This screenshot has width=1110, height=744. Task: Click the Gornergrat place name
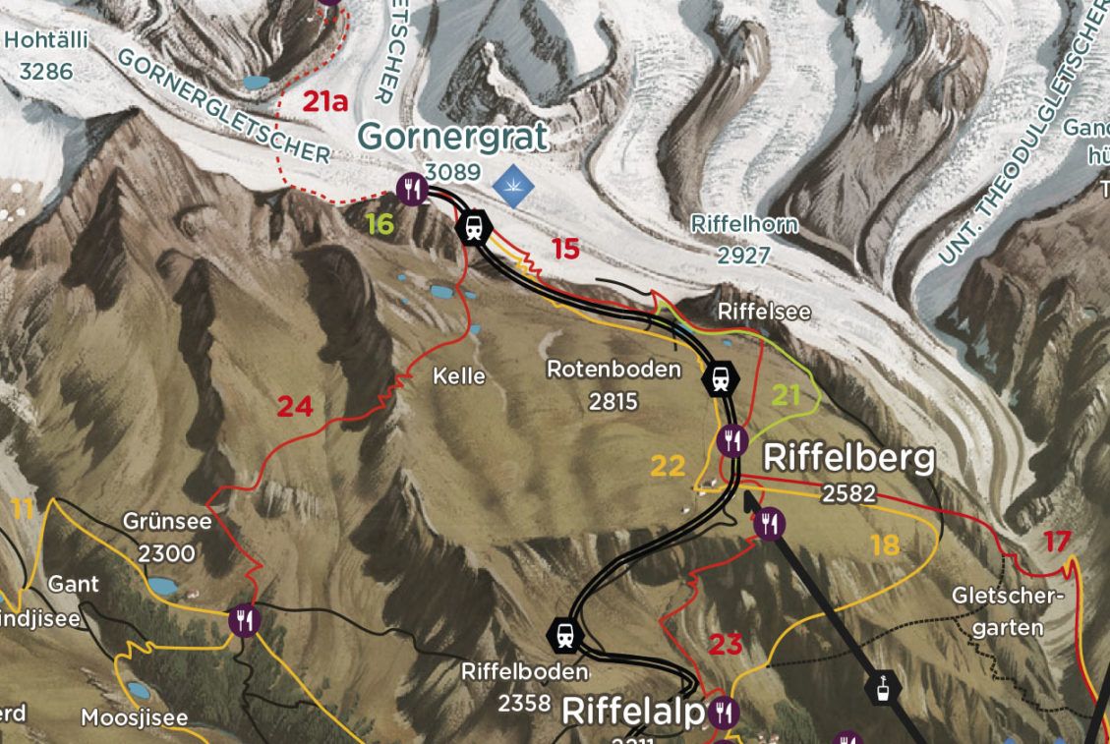tap(452, 138)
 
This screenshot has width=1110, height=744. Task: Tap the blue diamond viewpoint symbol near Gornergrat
tap(512, 185)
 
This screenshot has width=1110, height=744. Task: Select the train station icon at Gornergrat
tap(474, 226)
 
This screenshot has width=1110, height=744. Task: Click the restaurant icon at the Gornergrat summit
tap(413, 187)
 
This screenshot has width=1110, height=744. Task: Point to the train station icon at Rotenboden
tap(721, 377)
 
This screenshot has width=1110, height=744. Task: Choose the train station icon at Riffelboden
tap(565, 634)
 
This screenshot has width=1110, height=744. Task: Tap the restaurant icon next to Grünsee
tap(244, 620)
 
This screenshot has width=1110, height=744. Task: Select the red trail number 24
tap(295, 406)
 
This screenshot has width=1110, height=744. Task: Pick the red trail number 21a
tap(325, 101)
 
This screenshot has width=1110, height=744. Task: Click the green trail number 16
tap(380, 224)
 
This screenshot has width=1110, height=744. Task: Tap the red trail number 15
tap(565, 250)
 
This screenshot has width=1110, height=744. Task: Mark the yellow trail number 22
tap(668, 466)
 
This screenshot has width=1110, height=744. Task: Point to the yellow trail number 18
tap(885, 544)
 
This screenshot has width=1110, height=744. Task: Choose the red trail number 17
tap(1058, 541)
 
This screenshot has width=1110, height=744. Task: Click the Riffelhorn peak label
tap(744, 225)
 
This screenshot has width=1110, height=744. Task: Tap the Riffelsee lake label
tap(765, 312)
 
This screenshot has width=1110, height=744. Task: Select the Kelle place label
tap(459, 375)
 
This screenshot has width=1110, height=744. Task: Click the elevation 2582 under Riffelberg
tap(848, 493)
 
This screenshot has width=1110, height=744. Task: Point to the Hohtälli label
tap(46, 40)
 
